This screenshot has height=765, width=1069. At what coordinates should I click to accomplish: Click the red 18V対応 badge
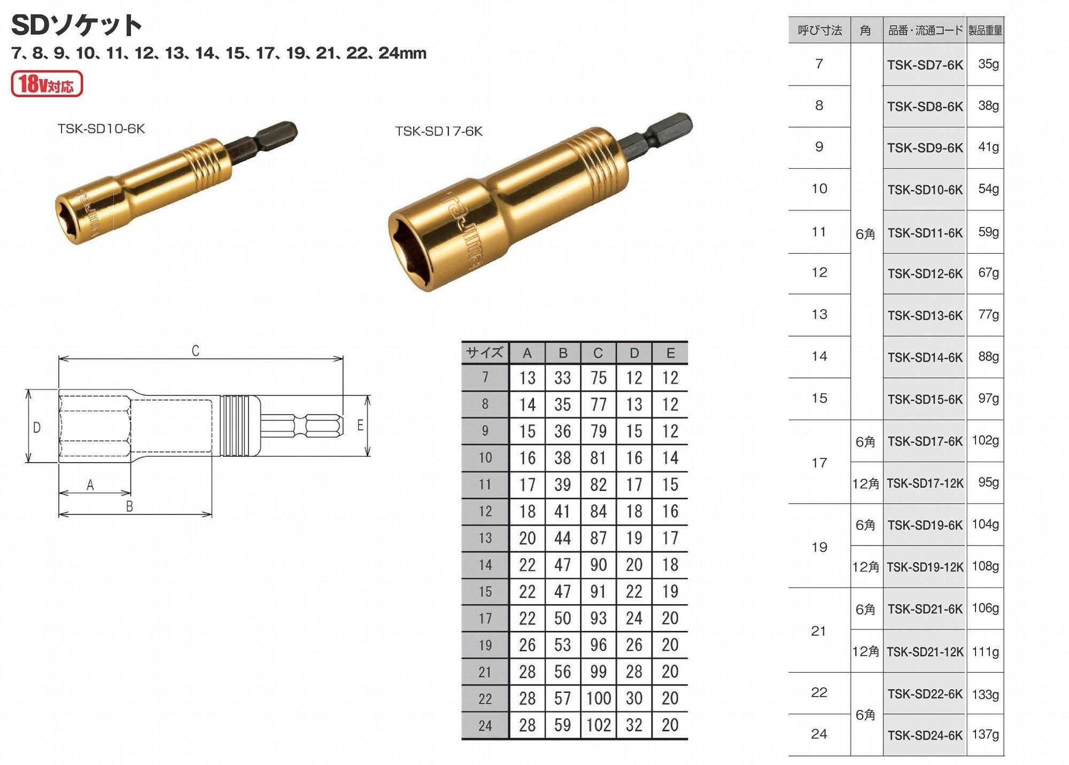[47, 84]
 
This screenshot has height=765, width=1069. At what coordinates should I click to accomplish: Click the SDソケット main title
[76, 25]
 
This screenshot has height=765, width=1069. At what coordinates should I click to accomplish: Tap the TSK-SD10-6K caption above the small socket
[101, 129]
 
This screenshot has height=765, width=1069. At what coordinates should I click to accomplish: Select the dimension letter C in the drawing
[196, 351]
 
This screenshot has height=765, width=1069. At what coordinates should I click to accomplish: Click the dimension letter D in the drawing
[37, 427]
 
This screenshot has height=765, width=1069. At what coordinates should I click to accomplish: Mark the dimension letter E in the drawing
[360, 425]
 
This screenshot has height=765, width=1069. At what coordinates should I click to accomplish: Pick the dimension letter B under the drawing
[129, 506]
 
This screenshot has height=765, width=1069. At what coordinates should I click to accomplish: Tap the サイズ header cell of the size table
[484, 353]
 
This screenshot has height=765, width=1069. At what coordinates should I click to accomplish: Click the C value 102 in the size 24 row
[598, 725]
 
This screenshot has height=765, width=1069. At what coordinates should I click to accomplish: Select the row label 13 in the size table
[485, 538]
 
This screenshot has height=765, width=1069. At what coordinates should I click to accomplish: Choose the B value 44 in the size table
[562, 538]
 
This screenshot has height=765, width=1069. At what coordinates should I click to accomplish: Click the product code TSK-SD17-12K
[925, 483]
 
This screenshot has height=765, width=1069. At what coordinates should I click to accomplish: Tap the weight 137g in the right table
[985, 735]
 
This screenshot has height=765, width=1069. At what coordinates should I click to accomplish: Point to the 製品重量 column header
[985, 30]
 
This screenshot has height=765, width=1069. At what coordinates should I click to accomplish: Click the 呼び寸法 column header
[819, 30]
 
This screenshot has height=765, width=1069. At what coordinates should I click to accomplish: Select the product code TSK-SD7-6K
[925, 65]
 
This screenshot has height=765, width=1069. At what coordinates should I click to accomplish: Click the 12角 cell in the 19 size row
[865, 567]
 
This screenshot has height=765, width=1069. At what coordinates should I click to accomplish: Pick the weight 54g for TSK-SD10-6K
[988, 189]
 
